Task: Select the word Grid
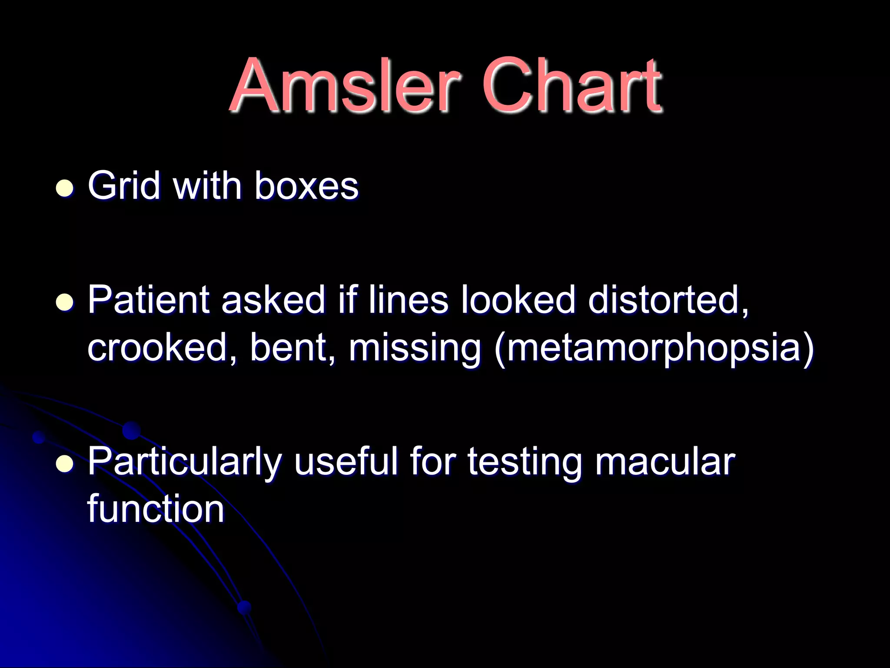pos(124,186)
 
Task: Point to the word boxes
pos(306,186)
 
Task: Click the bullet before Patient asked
pos(65,302)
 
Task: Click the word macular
pos(665,462)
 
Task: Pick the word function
pos(156,509)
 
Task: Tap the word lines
pos(408,300)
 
